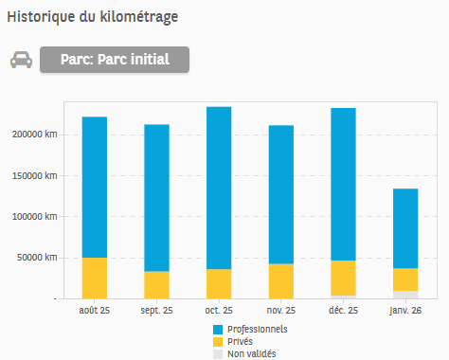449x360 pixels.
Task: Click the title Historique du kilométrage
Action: [x=92, y=17]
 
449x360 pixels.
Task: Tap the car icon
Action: [x=21, y=61]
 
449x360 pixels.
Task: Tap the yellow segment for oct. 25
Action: [x=219, y=283]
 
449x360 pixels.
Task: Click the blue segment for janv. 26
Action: [x=404, y=228]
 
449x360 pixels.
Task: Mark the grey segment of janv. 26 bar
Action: [x=404, y=295]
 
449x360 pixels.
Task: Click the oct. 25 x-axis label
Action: [x=219, y=310]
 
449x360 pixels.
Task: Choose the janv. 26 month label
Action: [x=404, y=310]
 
